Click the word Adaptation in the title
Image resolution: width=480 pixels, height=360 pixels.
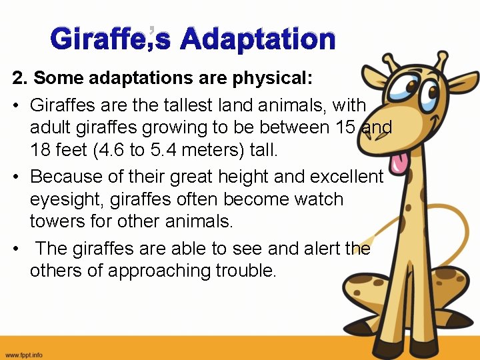click(x=257, y=39)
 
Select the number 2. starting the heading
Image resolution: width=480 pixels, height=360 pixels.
click(x=20, y=78)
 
